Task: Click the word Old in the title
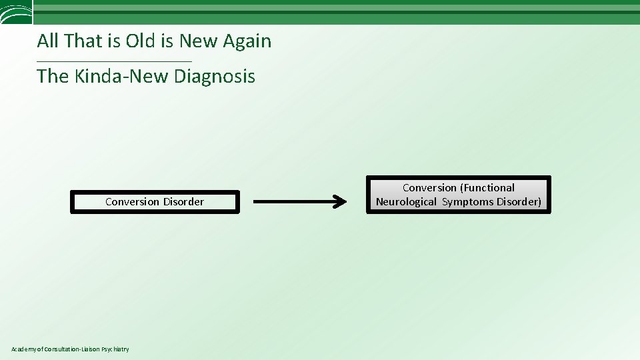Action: tap(140, 41)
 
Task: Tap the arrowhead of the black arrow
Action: tap(340, 201)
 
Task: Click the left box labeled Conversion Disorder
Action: tap(155, 202)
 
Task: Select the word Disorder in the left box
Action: tap(183, 202)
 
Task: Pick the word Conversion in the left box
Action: tap(132, 202)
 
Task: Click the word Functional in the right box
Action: tap(487, 188)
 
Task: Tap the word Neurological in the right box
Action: tap(406, 201)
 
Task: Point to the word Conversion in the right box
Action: tap(429, 188)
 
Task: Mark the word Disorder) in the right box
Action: tap(519, 201)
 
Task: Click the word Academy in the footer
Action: tap(25, 349)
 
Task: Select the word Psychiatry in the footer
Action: tap(115, 349)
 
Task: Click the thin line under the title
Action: tap(114, 62)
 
